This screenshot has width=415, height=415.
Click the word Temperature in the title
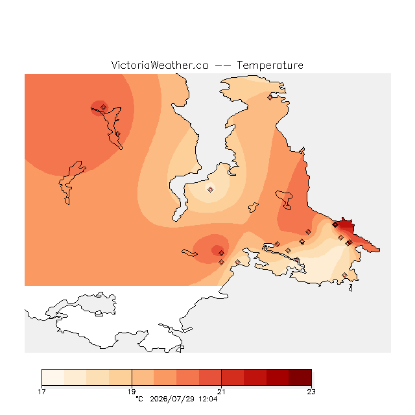click(x=270, y=65)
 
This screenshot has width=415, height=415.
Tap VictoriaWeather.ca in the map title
click(x=160, y=65)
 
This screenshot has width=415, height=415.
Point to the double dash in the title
click(x=222, y=65)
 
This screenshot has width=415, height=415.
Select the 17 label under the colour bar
click(x=41, y=392)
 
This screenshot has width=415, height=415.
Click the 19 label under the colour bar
click(x=132, y=392)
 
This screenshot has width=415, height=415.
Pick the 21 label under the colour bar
click(x=221, y=392)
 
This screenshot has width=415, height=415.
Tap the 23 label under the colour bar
click(x=311, y=392)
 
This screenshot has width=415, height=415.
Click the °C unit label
click(x=139, y=399)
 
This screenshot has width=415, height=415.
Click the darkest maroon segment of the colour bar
click(x=300, y=377)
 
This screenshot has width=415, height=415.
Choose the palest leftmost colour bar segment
click(x=53, y=377)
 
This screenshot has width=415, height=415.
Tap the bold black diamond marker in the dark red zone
click(x=335, y=225)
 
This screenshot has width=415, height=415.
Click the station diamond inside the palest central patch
click(x=210, y=189)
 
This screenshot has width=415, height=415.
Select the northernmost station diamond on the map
click(x=270, y=98)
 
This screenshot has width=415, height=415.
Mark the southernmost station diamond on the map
click(x=344, y=275)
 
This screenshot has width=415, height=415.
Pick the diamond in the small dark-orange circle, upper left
click(x=104, y=107)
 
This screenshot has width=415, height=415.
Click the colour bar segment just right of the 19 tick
click(x=143, y=377)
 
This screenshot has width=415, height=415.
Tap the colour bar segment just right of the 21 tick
click(x=233, y=377)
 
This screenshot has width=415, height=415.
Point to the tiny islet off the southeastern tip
click(x=350, y=288)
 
